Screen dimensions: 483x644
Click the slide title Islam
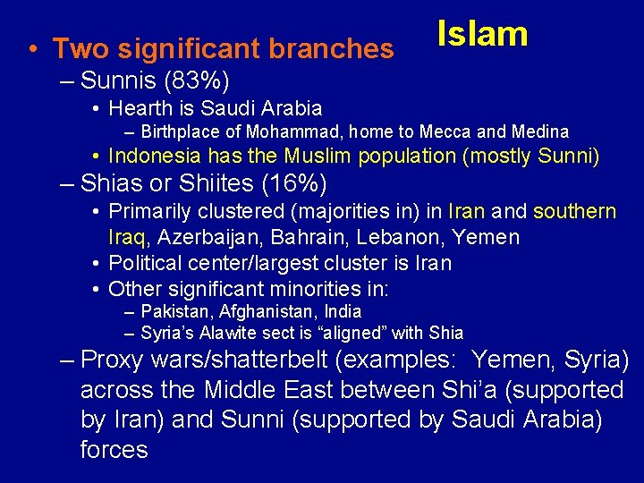pos(482,34)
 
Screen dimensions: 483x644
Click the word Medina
pos(537,132)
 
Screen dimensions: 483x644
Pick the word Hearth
pos(139,109)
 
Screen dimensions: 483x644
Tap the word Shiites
pos(206,184)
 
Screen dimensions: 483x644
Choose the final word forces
pos(114,449)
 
